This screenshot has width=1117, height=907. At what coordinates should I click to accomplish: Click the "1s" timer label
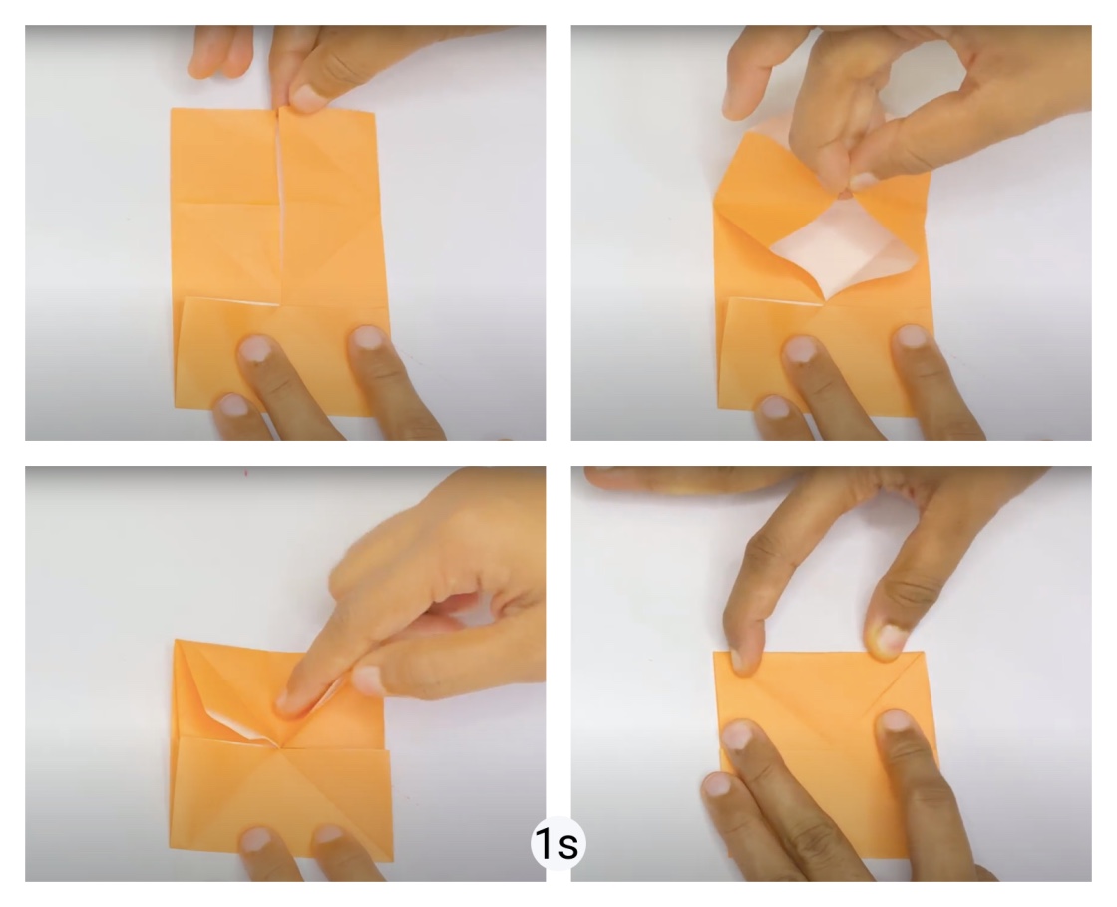coord(558,844)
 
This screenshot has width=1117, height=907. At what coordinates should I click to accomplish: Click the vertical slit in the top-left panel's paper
coord(278,207)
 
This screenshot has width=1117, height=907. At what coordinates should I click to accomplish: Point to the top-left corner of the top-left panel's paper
coord(172,109)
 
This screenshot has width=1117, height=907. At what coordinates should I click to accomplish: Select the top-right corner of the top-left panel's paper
coord(375,109)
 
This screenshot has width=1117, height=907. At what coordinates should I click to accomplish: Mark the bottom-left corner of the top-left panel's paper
coord(176,407)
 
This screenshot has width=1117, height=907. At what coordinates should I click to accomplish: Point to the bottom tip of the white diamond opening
coord(824,300)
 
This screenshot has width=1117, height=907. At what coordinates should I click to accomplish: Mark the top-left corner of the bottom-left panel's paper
coord(175,640)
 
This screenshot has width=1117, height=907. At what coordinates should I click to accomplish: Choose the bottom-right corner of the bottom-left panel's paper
coord(393,861)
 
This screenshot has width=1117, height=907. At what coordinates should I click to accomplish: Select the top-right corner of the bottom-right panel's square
coord(925,652)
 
